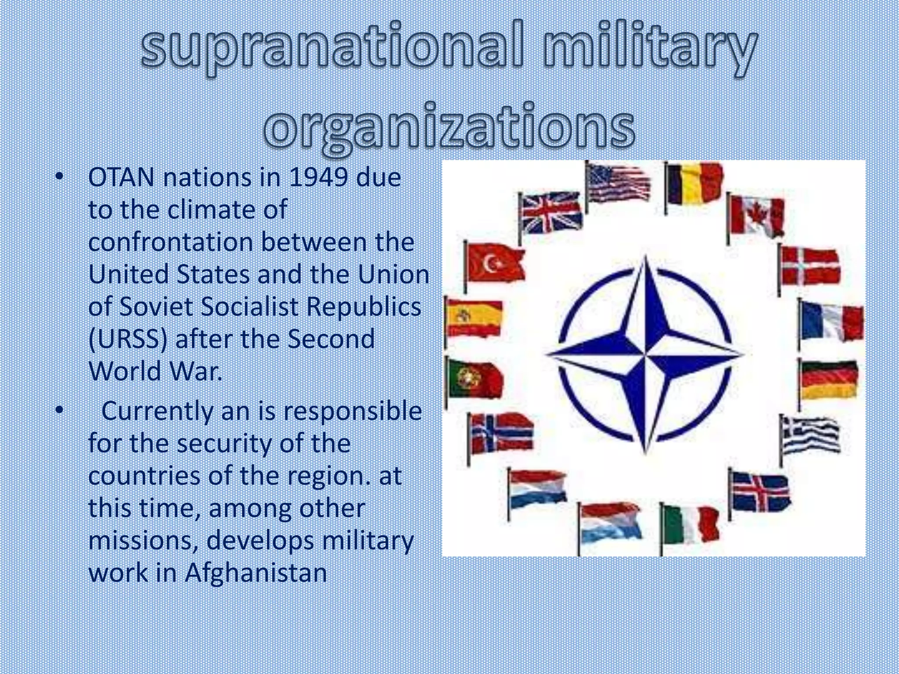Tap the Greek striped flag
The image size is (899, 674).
pos(810,434)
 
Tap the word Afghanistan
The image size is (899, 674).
pos(255,573)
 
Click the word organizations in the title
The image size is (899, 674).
pos(449,125)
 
